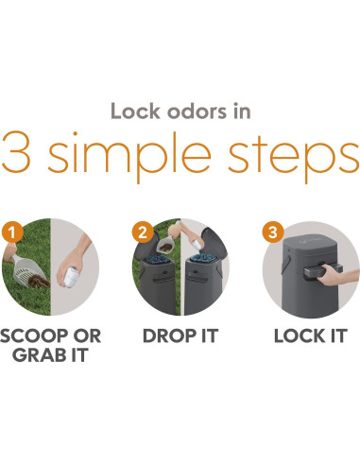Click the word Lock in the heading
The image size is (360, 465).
click(x=135, y=112)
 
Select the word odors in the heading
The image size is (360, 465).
click(x=197, y=112)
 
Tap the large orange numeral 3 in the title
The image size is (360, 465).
click(x=16, y=151)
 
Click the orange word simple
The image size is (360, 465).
click(x=129, y=157)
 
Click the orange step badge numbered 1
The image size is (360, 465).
click(x=12, y=232)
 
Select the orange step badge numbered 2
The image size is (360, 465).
click(x=143, y=232)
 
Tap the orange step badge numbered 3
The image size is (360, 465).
click(x=273, y=232)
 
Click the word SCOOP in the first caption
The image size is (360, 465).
click(x=35, y=336)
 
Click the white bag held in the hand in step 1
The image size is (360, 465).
click(x=72, y=277)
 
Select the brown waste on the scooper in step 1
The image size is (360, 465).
click(x=39, y=281)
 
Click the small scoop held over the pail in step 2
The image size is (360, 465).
click(x=164, y=245)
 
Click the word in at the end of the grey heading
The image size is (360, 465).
click(x=242, y=112)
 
